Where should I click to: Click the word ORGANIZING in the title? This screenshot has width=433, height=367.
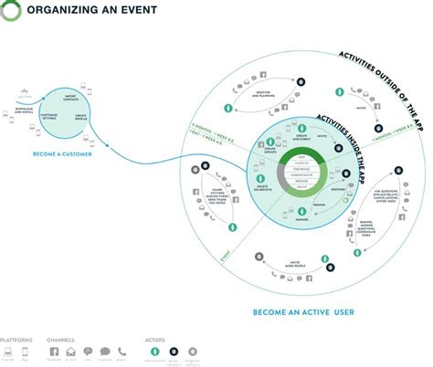click(57, 11)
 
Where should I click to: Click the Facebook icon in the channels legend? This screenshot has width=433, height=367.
click(53, 351)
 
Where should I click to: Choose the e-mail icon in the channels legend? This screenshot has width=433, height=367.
click(69, 351)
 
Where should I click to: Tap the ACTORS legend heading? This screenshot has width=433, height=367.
click(155, 339)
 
